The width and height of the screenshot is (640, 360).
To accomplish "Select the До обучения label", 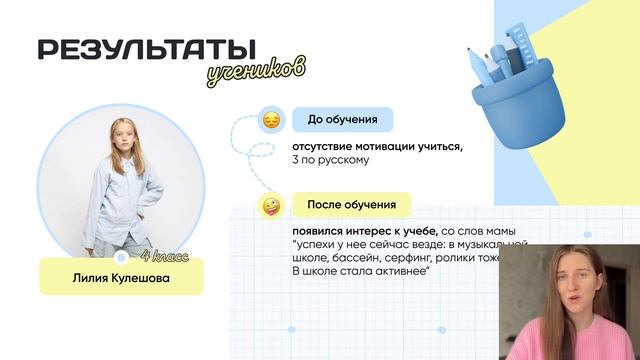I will pos(342,121).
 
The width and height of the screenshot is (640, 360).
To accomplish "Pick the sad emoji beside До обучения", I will pos(270,121).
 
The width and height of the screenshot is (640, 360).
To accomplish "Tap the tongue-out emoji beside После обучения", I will pos(270,206).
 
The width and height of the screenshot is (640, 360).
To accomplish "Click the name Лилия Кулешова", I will pos(120,278).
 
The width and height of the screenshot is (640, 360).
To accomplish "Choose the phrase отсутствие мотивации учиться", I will pos(371,146).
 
